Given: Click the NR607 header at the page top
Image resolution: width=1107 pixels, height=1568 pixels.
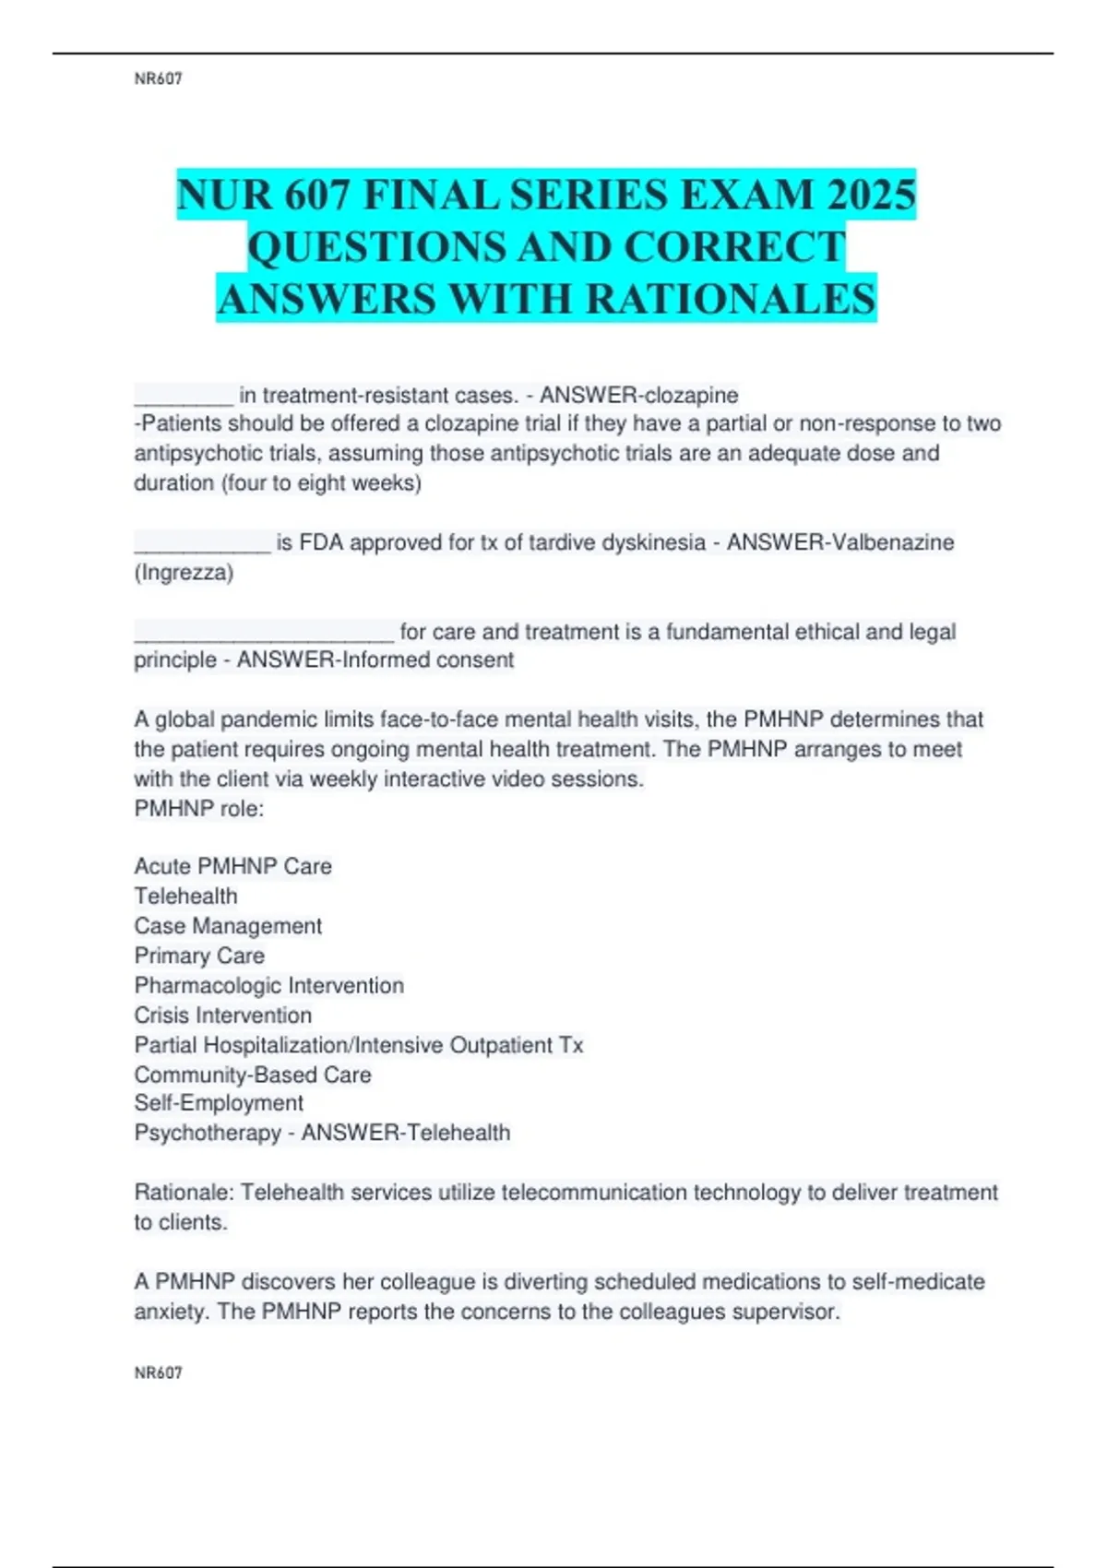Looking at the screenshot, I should [x=158, y=79].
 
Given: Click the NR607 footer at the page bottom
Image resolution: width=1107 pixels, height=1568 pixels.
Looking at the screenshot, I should [x=158, y=1372].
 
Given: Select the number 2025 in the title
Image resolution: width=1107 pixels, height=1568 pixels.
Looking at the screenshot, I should [x=871, y=195].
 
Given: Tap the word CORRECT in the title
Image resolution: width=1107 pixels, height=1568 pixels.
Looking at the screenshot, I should [x=734, y=247].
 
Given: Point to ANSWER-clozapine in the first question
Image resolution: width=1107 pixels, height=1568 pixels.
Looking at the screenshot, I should [x=638, y=395].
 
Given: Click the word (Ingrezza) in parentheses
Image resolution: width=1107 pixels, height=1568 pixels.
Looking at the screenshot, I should [x=184, y=573].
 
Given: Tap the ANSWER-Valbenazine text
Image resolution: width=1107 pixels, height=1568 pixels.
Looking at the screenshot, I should [x=839, y=542].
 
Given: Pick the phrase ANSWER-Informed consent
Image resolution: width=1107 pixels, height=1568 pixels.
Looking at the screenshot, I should [x=375, y=660].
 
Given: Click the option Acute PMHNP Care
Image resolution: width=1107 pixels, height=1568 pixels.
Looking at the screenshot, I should [x=232, y=866].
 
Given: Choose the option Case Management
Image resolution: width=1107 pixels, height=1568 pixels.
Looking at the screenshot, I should [x=228, y=926].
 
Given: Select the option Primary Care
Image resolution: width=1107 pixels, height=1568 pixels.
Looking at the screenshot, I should [x=199, y=956].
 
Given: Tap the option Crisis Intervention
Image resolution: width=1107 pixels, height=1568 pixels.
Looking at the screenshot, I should [x=222, y=1016].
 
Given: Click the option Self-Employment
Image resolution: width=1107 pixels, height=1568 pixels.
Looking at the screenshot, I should [x=219, y=1103].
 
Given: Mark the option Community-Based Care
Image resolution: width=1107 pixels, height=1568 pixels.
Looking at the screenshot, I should [x=253, y=1075].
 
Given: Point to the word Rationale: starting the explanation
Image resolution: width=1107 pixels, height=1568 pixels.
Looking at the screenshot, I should [x=184, y=1193].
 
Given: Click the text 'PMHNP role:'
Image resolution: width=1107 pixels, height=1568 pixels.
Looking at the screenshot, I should [x=198, y=809].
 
